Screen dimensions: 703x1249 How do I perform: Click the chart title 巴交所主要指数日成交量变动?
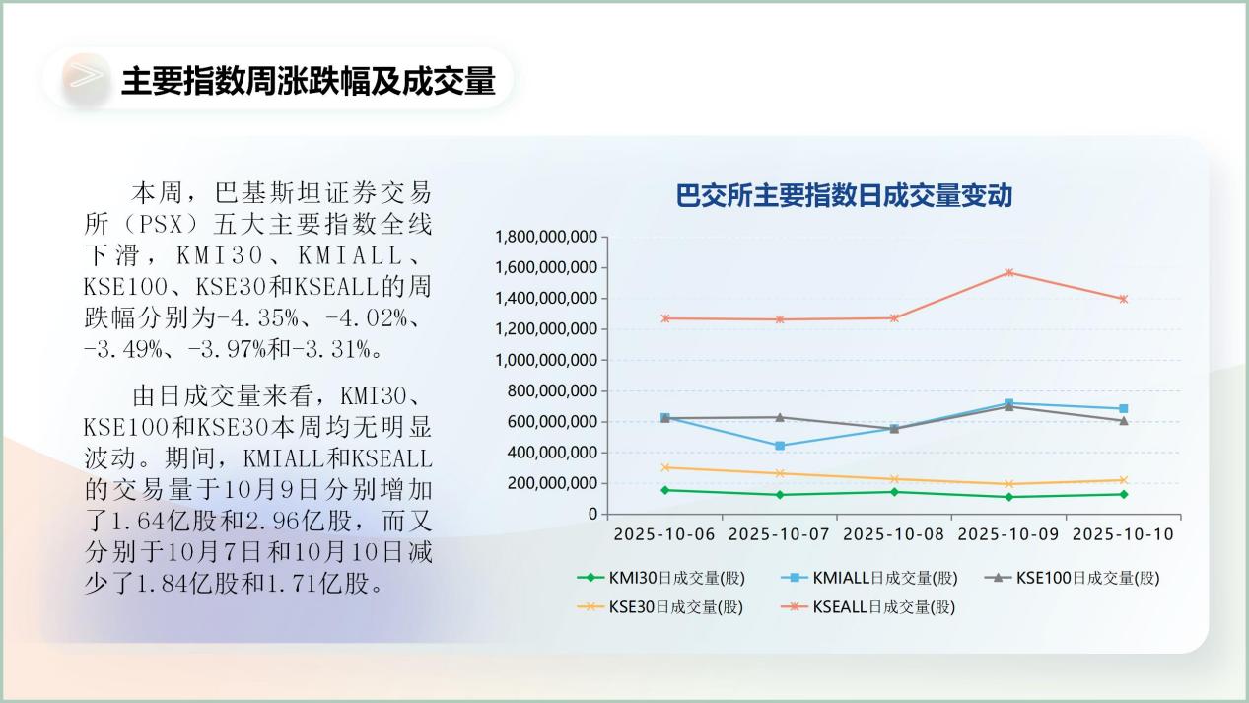844,196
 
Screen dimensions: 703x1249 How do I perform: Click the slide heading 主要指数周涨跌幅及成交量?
307,81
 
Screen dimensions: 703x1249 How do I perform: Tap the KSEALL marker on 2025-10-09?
1008,272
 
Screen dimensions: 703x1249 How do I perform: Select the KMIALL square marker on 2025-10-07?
780,446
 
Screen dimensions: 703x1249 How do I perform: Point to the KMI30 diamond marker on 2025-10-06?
665,490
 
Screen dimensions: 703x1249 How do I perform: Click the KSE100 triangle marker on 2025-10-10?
1123,421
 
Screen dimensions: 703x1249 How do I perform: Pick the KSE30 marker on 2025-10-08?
894,479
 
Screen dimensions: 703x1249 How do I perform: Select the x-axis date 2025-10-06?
665,534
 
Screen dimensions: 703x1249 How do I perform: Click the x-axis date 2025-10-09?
1008,534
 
